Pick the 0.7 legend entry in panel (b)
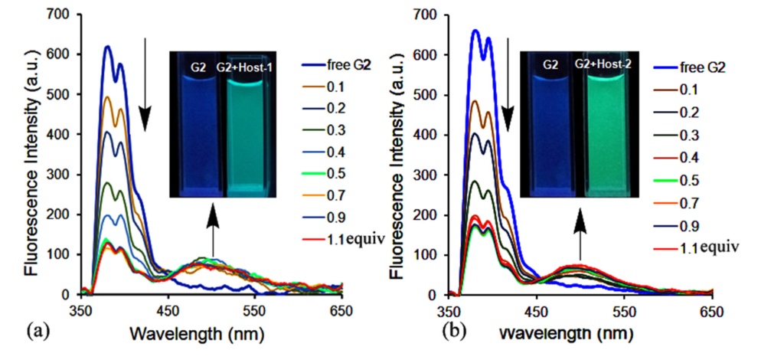tap(690, 204)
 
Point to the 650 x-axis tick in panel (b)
tap(712, 310)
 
